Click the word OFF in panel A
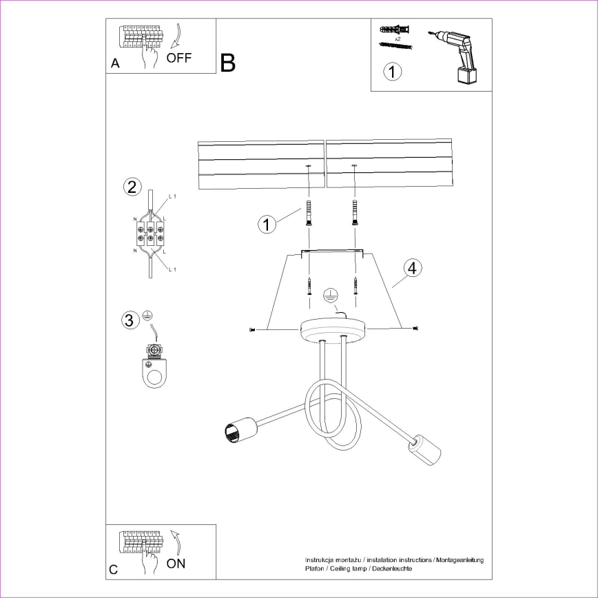click(179, 58)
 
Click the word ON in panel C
click(176, 564)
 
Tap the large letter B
click(228, 63)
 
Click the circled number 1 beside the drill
click(392, 71)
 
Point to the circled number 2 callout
click(132, 187)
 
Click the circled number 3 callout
click(128, 320)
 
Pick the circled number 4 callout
click(411, 268)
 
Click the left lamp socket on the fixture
click(234, 432)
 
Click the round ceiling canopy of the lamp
click(333, 331)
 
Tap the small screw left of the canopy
click(252, 330)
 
